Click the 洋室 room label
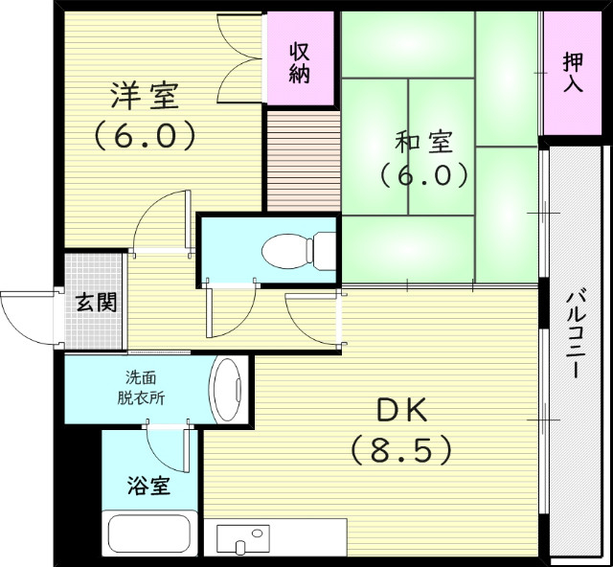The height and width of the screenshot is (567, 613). [145, 96]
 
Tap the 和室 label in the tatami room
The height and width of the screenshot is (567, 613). [422, 143]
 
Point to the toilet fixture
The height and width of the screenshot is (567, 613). [296, 252]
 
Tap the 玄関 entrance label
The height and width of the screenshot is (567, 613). [96, 304]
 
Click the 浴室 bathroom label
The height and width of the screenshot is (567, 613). [148, 487]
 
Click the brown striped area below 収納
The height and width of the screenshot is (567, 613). [302, 161]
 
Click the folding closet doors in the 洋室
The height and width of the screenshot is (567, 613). [238, 58]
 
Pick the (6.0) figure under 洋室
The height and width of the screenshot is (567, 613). [145, 134]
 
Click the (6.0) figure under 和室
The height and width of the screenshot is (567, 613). [422, 176]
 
